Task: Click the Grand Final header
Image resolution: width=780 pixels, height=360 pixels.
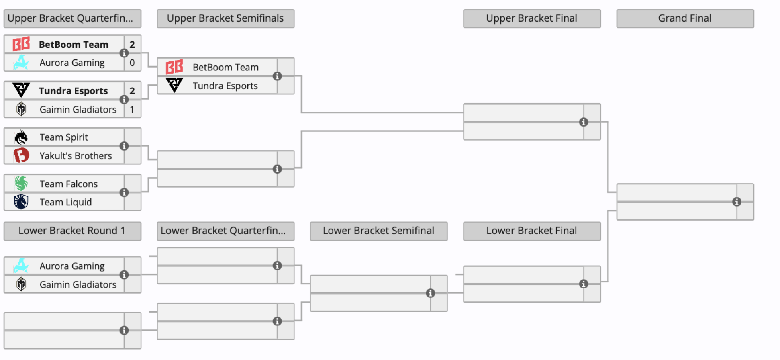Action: tap(685, 18)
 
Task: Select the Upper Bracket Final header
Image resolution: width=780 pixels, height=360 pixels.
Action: tap(532, 18)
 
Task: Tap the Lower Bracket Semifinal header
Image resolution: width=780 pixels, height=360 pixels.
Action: tap(378, 231)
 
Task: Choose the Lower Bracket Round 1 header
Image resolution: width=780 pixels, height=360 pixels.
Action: tap(72, 231)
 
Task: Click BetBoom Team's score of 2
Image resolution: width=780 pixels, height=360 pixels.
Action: tap(132, 45)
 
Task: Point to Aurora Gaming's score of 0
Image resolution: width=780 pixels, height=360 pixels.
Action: tap(132, 63)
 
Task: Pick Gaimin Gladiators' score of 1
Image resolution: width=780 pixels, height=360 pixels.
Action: tap(132, 109)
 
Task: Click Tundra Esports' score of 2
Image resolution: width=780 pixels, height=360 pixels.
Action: tap(132, 91)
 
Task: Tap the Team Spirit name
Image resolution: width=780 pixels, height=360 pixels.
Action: tap(64, 137)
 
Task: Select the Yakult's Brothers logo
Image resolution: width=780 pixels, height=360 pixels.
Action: tap(21, 155)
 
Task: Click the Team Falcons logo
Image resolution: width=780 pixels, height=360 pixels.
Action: tap(21, 184)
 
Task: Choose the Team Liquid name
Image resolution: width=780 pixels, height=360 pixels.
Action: tap(65, 202)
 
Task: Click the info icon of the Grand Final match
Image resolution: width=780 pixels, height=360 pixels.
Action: tap(737, 202)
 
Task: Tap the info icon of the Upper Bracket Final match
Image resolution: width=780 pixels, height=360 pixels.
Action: tap(584, 122)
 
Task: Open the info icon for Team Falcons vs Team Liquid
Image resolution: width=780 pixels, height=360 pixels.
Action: tap(124, 193)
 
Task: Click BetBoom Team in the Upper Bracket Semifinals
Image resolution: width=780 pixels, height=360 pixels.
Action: tap(226, 67)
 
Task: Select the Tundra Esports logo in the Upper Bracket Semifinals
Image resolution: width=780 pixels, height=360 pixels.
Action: tap(174, 85)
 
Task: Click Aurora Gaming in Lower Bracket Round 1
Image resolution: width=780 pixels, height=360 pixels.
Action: tap(72, 266)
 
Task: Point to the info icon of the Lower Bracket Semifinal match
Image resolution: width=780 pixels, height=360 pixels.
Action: tap(431, 293)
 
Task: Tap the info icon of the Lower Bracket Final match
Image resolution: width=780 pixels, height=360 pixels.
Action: tap(584, 284)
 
